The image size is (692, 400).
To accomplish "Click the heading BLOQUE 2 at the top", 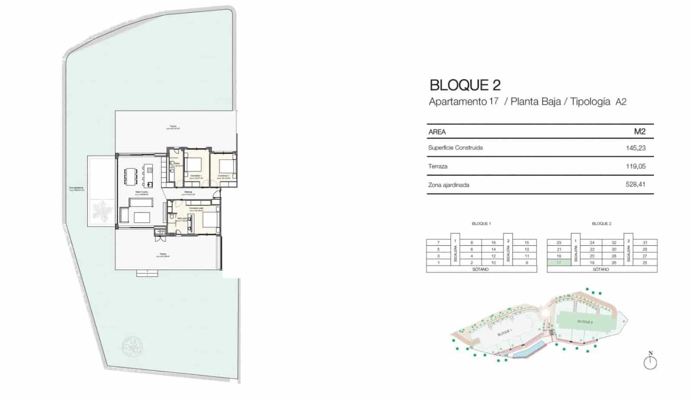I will pos(465,85).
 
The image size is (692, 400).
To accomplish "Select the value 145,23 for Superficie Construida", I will pos(635,148).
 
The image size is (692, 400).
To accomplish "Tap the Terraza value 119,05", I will pos(635,166).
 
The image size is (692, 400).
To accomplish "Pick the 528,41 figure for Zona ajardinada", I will pos(635,184).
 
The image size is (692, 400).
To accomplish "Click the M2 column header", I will pos(639,132).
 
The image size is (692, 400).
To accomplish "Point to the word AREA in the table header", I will pos(437,132).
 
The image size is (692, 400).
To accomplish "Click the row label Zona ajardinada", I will pos(449,185).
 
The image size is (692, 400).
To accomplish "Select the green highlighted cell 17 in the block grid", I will pos(559,263).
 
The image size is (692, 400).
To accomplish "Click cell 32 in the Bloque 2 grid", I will pos(614,243).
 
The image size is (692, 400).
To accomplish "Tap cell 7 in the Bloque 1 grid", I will pos(438,243).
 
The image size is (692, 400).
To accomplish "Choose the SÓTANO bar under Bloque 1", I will pos(481,269).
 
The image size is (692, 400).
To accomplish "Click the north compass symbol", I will pos(650,362).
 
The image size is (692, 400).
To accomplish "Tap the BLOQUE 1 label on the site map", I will pos(504,333).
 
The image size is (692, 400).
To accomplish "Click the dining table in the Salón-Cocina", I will pos(131,176).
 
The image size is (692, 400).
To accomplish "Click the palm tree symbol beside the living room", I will pos(102,211).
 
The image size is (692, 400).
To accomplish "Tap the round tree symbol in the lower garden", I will pos(131,346).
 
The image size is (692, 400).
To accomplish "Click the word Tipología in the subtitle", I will pos(590,102).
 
